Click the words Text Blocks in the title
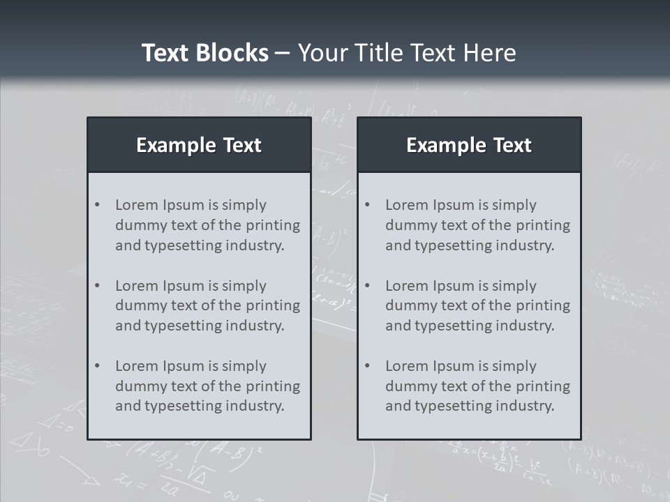pos(204,53)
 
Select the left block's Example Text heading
pos(199,145)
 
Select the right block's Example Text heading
pos(469,145)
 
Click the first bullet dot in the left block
pos(97,205)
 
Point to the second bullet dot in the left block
pos(97,286)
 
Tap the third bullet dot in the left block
pos(97,366)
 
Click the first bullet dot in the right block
pos(367,205)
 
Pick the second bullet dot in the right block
pos(367,286)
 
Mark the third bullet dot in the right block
pos(367,366)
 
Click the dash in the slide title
pos(283,53)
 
